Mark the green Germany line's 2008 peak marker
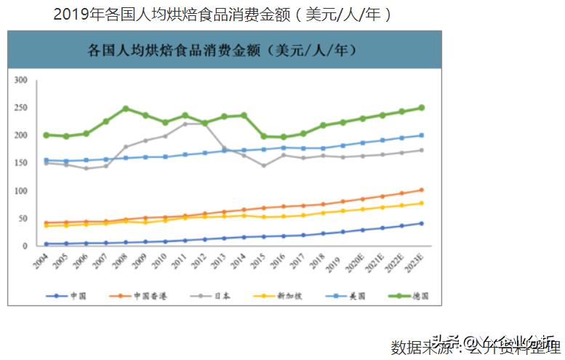click(x=126, y=108)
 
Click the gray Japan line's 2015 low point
click(x=264, y=165)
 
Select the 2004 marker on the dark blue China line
click(x=47, y=244)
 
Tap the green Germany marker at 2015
click(x=264, y=136)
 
